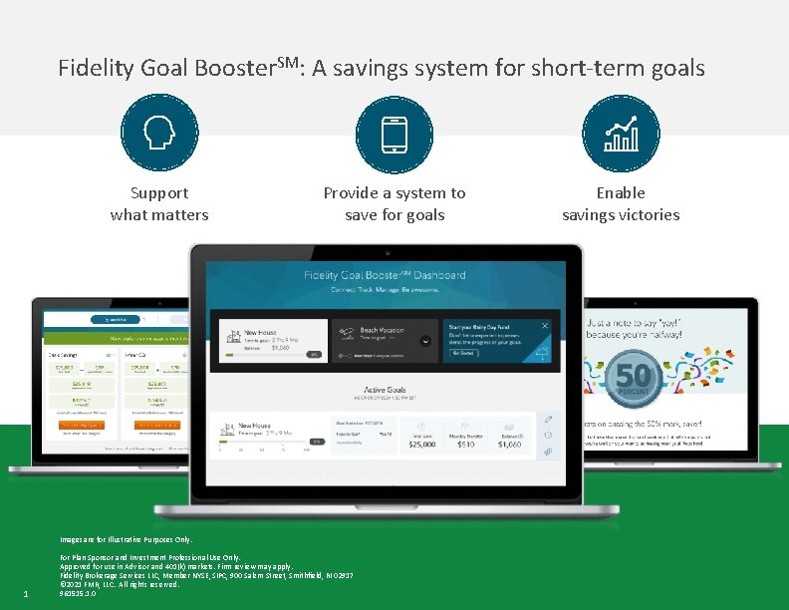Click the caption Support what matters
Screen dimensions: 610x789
point(159,203)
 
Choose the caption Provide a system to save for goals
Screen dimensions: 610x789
point(394,203)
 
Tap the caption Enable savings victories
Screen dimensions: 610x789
point(621,203)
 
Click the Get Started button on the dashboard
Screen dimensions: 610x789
point(464,353)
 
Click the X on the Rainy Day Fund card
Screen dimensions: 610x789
point(545,326)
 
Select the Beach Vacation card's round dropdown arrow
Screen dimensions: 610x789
point(425,340)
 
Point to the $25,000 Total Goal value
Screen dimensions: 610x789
point(421,445)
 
